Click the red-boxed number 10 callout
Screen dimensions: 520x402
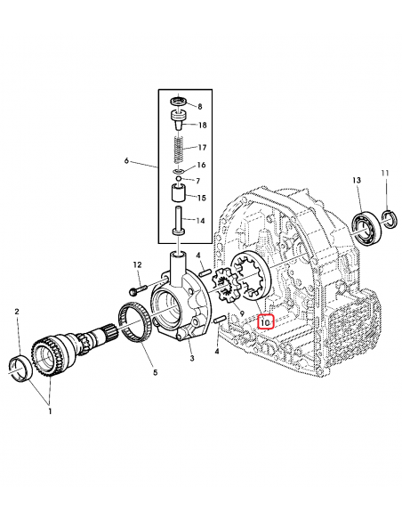(x=264, y=321)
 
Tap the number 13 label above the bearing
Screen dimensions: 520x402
(x=357, y=181)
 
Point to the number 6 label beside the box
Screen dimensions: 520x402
(x=126, y=161)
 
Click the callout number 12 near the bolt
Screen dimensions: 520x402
(x=138, y=265)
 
